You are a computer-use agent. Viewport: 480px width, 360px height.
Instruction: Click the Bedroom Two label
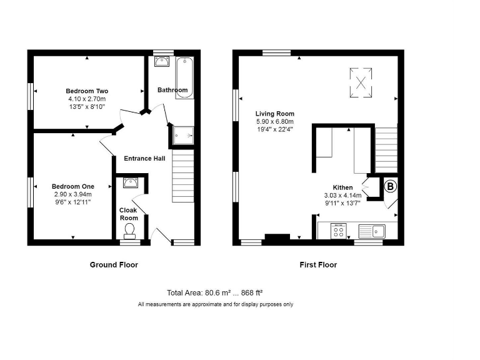[x=87, y=91]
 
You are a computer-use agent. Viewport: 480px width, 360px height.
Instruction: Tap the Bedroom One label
[x=72, y=186]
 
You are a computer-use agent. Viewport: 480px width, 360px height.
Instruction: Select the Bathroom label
[x=172, y=90]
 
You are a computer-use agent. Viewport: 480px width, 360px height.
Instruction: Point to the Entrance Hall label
[x=144, y=159]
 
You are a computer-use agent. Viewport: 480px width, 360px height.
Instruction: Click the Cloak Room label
[x=129, y=214]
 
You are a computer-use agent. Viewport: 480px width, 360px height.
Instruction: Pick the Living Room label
[x=274, y=114]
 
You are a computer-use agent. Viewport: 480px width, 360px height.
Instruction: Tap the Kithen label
[x=342, y=187]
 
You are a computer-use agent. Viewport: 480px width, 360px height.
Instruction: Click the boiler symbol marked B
[x=390, y=186]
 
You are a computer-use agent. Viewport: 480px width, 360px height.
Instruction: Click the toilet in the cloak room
[x=130, y=232]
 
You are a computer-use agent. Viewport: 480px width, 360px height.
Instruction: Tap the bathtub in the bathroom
[x=185, y=78]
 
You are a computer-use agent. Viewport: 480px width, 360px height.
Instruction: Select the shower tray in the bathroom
[x=182, y=134]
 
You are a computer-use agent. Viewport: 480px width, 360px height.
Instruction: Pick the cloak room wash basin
[x=130, y=182]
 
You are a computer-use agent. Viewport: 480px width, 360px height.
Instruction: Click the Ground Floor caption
[x=114, y=265]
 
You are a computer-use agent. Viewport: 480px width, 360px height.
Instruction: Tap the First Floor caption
[x=318, y=265]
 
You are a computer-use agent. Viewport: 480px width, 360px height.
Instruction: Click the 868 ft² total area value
[x=250, y=292]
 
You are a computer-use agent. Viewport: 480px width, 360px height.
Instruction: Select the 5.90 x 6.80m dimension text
[x=274, y=121]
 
